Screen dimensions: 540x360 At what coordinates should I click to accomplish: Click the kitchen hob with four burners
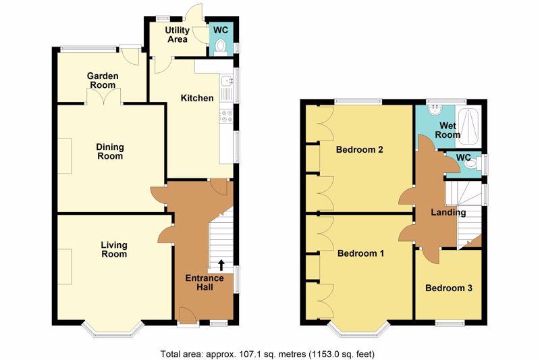coord(227,115)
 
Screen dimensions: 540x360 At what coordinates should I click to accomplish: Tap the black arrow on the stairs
coord(221,265)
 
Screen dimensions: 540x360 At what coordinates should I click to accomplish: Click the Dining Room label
coord(110,151)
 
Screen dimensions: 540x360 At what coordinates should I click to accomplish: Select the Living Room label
coord(114,250)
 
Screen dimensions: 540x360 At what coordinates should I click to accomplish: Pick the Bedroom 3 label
coord(448,288)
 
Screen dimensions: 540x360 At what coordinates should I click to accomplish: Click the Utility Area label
coord(178,34)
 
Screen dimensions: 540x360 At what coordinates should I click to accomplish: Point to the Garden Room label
coord(103,80)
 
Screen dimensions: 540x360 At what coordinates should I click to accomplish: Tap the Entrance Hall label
coord(205,282)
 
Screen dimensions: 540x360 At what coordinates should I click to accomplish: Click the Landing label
coord(448,213)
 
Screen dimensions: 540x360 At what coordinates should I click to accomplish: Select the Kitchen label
coord(197,98)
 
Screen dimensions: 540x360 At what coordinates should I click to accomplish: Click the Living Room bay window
coord(113,330)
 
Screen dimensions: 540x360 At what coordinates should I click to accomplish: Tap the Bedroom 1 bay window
coord(359,330)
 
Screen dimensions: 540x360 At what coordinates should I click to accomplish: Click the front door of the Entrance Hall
coord(188,316)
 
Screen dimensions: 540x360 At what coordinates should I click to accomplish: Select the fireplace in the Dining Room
coord(64,156)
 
